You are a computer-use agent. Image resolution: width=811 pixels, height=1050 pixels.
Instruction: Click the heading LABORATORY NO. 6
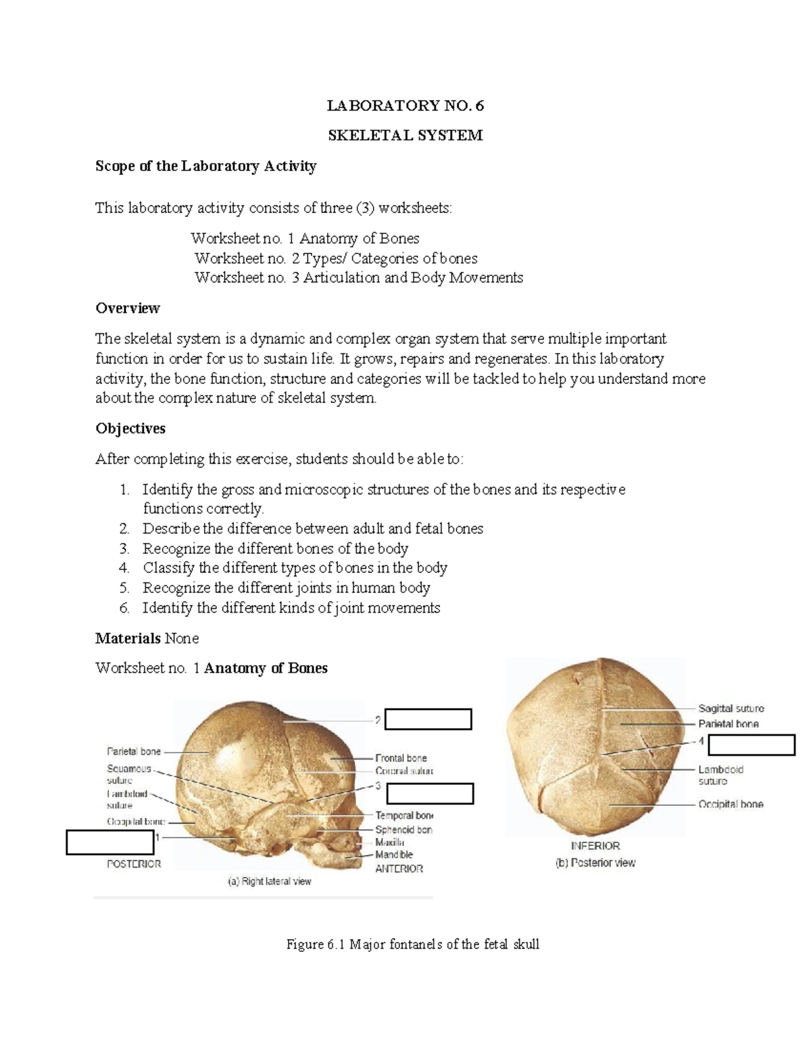pyautogui.click(x=405, y=105)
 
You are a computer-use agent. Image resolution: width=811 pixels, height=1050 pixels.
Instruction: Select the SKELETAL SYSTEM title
pyautogui.click(x=405, y=135)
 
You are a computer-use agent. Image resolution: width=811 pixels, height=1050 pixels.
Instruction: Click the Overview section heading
pyautogui.click(x=128, y=308)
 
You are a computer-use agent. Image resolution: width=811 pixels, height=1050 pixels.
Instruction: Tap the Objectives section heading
pyautogui.click(x=130, y=429)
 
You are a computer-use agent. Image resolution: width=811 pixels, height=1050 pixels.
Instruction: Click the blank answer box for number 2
pyautogui.click(x=428, y=719)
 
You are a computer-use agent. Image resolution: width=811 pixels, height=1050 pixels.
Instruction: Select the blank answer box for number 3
pyautogui.click(x=429, y=793)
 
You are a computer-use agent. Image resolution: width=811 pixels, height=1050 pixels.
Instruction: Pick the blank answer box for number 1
pyautogui.click(x=109, y=842)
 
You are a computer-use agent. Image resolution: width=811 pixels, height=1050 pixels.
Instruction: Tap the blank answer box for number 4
pyautogui.click(x=752, y=744)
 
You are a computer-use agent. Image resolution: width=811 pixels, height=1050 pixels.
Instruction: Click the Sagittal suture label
pyautogui.click(x=731, y=709)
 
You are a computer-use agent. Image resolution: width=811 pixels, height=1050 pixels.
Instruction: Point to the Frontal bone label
pyautogui.click(x=401, y=758)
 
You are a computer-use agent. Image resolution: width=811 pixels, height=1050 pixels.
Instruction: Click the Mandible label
pyautogui.click(x=394, y=855)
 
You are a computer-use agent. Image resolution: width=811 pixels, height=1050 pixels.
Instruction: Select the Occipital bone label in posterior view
pyautogui.click(x=731, y=804)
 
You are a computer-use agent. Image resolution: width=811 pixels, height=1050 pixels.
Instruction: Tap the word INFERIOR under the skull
pyautogui.click(x=595, y=845)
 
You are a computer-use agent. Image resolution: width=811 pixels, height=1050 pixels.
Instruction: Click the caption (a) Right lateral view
pyautogui.click(x=269, y=881)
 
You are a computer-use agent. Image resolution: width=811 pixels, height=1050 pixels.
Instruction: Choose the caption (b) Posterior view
pyautogui.click(x=595, y=862)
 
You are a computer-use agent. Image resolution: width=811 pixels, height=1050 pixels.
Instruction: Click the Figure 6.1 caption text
pyautogui.click(x=413, y=945)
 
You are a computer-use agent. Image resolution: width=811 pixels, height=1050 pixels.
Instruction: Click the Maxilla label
pyautogui.click(x=390, y=842)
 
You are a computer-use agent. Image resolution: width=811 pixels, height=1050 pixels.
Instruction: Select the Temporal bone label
pyautogui.click(x=404, y=815)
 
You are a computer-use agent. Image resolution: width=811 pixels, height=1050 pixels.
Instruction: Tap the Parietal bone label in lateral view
pyautogui.click(x=134, y=751)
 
